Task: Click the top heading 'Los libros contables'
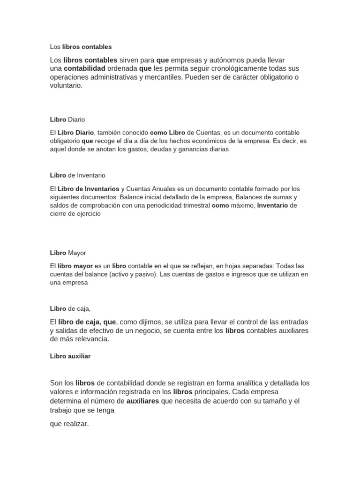point(81,47)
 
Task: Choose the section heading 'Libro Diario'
point(67,120)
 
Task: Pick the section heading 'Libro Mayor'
point(68,253)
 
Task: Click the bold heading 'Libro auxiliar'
point(70,356)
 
